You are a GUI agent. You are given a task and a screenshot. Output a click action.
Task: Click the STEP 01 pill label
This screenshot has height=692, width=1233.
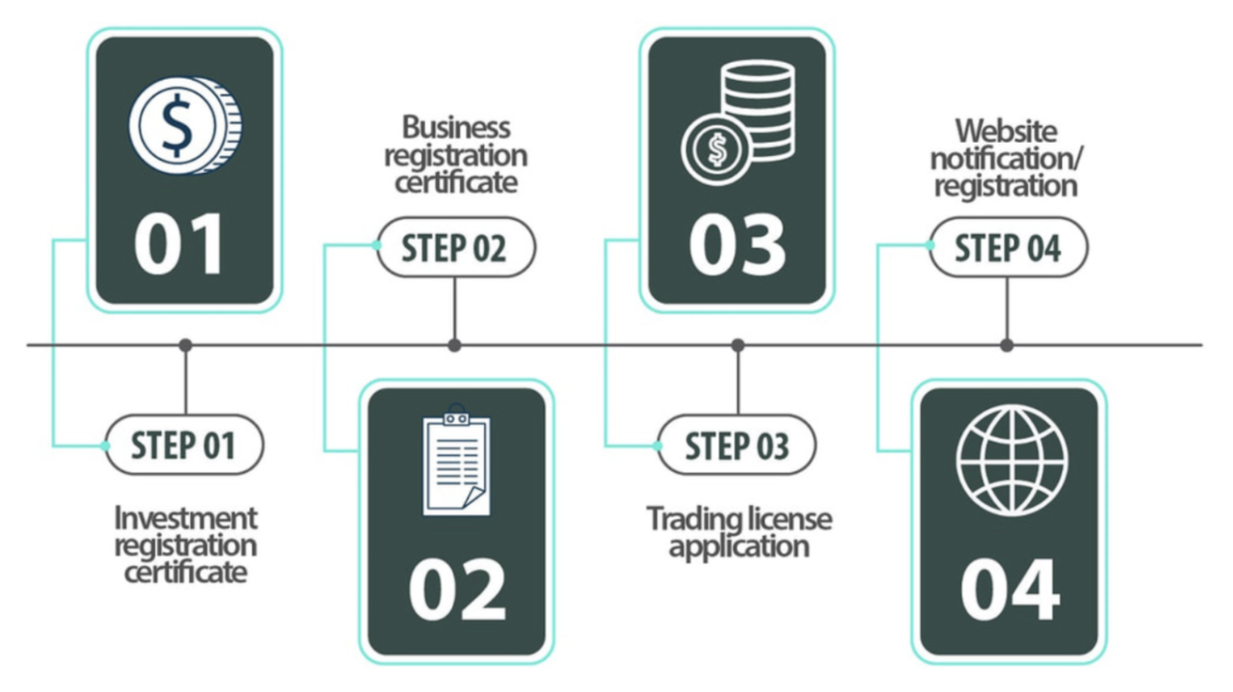tap(183, 445)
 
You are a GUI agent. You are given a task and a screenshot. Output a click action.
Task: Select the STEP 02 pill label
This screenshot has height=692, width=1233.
tap(455, 248)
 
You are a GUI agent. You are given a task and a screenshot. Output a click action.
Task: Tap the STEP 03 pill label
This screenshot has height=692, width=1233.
tap(737, 446)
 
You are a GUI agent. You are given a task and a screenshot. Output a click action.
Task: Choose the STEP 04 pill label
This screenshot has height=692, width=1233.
tap(1008, 249)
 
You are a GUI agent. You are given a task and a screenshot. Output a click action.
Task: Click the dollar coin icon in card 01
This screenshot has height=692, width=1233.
tap(184, 125)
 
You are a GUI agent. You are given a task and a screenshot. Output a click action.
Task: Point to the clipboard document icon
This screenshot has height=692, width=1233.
tap(457, 462)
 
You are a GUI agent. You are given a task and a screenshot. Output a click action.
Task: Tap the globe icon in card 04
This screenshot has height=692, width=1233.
tap(1011, 461)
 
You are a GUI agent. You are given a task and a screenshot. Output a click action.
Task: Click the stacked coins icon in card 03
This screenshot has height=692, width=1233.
tap(739, 122)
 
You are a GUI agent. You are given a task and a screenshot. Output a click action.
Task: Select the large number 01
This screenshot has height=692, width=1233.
tap(179, 244)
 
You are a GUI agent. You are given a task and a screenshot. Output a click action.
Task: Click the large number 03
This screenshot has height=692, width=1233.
tap(737, 244)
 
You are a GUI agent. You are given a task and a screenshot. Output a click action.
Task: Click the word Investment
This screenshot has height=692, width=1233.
tap(185, 517)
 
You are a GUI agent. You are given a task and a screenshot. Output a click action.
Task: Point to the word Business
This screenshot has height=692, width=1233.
tap(456, 127)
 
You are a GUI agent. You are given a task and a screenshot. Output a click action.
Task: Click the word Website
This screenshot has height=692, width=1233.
tap(1006, 131)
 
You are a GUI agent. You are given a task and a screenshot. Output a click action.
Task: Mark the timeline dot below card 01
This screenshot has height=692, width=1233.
tap(185, 345)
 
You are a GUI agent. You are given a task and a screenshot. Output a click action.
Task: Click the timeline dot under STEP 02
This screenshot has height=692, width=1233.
tap(455, 345)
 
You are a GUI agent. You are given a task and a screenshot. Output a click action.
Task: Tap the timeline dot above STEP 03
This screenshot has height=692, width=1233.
tap(738, 345)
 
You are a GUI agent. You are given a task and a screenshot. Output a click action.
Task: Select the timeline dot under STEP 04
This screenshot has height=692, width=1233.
tap(1007, 345)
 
